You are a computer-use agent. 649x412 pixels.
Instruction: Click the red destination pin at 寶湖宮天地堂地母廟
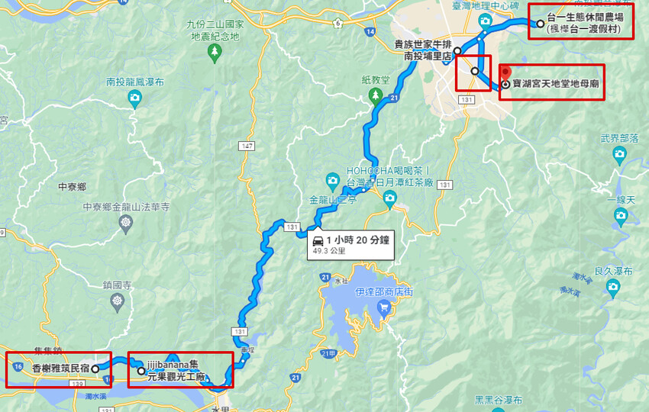[505, 74]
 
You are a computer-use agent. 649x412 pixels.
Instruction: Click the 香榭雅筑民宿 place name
[60, 368]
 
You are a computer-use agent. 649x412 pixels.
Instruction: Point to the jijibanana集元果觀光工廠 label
[178, 371]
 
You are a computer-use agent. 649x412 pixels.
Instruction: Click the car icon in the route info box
[318, 240]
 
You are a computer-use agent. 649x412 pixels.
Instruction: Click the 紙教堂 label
[376, 79]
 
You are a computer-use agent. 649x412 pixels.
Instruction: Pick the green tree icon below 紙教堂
[375, 95]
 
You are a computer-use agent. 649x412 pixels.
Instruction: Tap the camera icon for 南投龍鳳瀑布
[134, 97]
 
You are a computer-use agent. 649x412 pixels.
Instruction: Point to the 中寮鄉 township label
[72, 186]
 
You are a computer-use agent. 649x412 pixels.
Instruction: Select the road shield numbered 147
[246, 146]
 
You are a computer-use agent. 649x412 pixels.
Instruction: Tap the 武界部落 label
[619, 139]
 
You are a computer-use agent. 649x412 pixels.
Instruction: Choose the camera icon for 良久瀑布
[612, 286]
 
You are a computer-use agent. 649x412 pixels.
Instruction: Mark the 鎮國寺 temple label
[117, 285]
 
